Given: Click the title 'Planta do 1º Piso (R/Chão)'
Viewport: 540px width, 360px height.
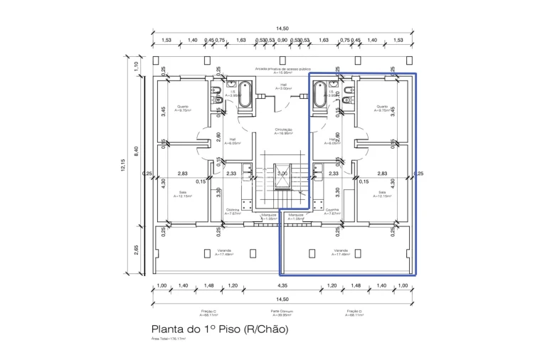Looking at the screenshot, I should tap(220, 330).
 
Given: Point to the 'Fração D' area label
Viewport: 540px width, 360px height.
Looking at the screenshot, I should tap(354, 313).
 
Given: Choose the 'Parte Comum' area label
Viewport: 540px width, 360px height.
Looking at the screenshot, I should tap(282, 313).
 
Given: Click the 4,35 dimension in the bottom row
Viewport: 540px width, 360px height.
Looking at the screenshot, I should tap(282, 285).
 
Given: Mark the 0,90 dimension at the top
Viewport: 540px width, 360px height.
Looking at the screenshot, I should tap(282, 41).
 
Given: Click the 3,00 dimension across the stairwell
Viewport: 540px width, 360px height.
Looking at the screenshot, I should tap(282, 173).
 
